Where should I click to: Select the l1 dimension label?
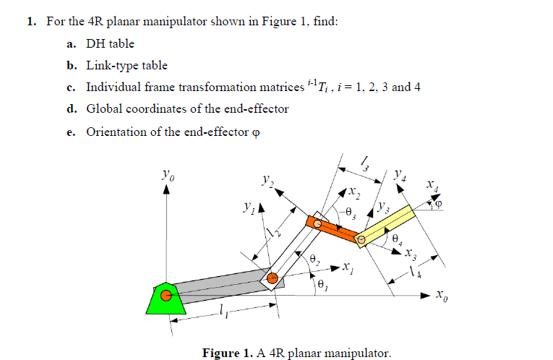(x=223, y=312)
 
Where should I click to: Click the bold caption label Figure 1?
(x=228, y=353)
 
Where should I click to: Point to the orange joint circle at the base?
(x=166, y=295)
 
